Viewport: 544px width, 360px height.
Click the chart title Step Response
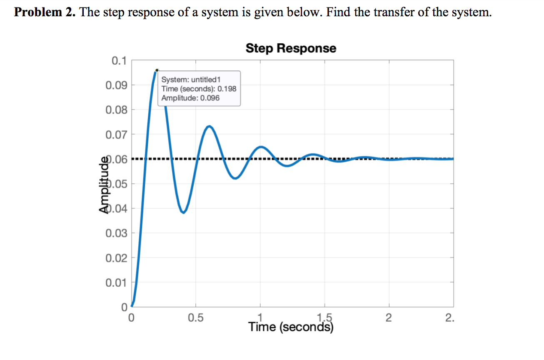(291, 48)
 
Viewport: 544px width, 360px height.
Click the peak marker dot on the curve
(157, 70)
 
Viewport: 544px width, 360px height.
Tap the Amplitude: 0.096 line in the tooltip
(190, 98)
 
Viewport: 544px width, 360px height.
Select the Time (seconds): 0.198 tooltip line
(199, 89)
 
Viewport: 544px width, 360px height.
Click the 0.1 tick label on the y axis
(119, 61)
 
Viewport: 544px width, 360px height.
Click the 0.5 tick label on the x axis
(196, 319)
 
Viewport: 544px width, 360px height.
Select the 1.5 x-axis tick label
(326, 317)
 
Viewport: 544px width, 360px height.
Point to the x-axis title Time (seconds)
(291, 327)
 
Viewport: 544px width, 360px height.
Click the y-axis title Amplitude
(104, 184)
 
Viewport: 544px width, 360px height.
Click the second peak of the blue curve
(209, 126)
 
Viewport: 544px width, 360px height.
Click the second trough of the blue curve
(235, 178)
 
